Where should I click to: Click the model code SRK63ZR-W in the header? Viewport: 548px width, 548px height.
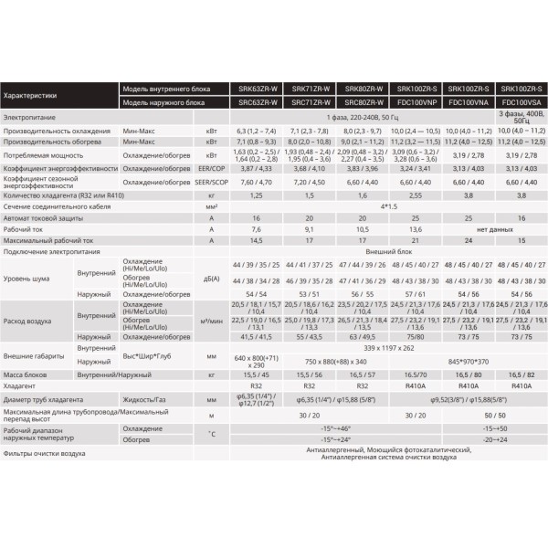point(257,88)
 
